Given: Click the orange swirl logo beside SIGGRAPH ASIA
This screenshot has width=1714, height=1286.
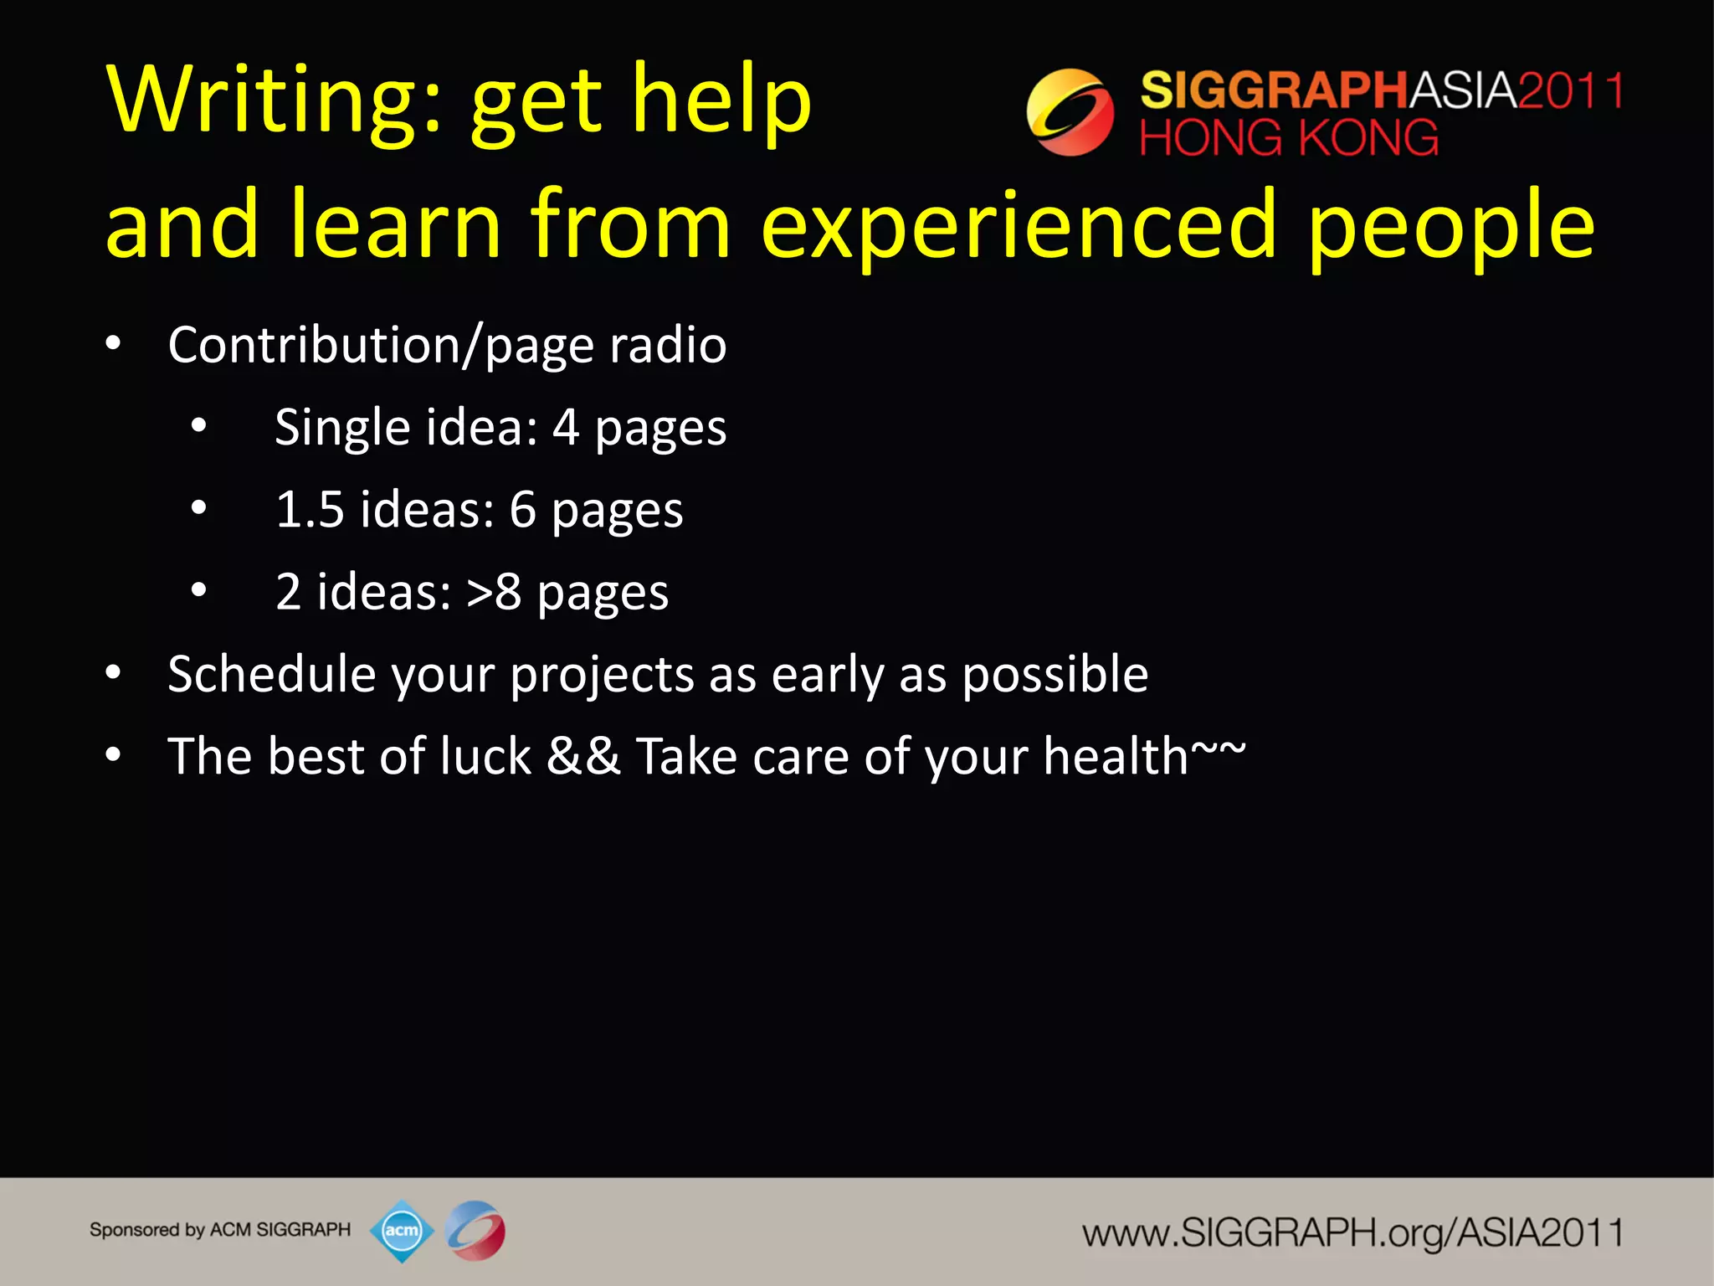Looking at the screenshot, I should pyautogui.click(x=1070, y=112).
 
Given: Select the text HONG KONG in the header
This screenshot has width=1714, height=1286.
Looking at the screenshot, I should pyautogui.click(x=1288, y=138).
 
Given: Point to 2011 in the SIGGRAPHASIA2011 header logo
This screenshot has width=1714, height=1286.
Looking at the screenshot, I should pyautogui.click(x=1569, y=90).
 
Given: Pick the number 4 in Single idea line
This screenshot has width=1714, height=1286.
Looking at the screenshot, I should pyautogui.click(x=566, y=427).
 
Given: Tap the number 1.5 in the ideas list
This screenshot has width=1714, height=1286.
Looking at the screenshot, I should pyautogui.click(x=310, y=509).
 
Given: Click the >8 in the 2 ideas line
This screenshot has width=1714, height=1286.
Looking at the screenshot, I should pyautogui.click(x=494, y=592).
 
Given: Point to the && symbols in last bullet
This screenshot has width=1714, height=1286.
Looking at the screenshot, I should pyautogui.click(x=583, y=756).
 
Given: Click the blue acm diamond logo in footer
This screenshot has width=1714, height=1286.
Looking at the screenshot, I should pyautogui.click(x=402, y=1230).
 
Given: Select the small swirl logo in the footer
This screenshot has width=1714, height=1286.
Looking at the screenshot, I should pyautogui.click(x=475, y=1230).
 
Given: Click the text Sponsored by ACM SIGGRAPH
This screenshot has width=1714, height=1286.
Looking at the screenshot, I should pyautogui.click(x=220, y=1230).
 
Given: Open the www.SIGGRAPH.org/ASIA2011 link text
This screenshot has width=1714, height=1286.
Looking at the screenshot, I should pyautogui.click(x=1352, y=1232).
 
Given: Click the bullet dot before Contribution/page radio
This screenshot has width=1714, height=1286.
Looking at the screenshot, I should pyautogui.click(x=114, y=344).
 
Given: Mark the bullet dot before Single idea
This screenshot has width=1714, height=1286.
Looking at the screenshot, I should pyautogui.click(x=198, y=426).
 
